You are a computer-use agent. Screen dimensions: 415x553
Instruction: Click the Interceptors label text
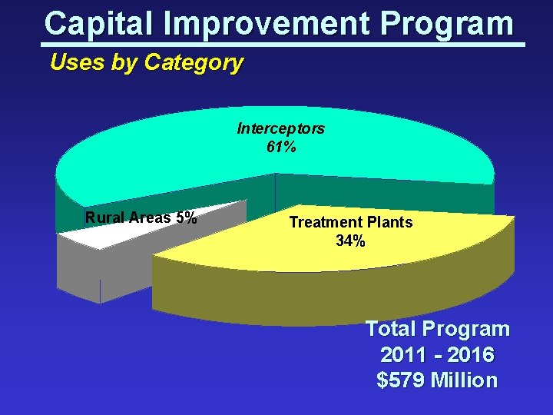[x=280, y=128]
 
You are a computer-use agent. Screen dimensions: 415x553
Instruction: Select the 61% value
[x=280, y=148]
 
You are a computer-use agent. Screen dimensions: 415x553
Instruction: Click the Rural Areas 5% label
[x=141, y=217]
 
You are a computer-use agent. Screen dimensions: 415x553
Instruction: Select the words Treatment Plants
[x=350, y=222]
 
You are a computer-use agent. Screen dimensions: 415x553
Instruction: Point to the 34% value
[x=350, y=241]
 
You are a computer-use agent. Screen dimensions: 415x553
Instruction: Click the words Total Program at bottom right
[x=437, y=329]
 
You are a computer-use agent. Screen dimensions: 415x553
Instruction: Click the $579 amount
[x=402, y=380]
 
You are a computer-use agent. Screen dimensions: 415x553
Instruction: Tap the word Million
[x=465, y=380]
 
